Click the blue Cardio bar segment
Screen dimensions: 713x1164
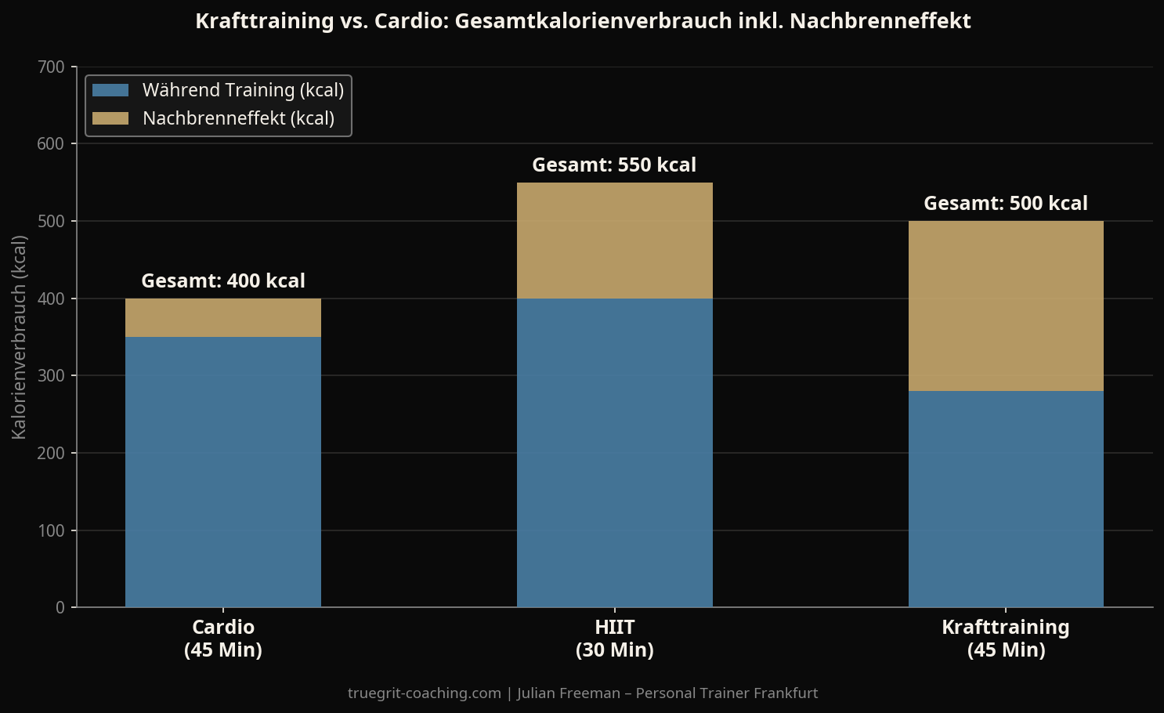223,472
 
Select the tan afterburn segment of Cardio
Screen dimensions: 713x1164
223,317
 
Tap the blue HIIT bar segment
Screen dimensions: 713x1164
614,453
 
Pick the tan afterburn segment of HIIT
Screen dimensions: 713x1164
614,241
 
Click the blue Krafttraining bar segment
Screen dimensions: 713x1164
1006,499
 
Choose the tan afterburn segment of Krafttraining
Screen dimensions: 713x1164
1006,306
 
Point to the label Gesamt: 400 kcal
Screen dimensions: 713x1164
223,280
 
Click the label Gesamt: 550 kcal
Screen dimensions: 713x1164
614,165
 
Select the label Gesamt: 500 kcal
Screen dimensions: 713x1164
1006,203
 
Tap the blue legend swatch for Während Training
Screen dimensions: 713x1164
110,90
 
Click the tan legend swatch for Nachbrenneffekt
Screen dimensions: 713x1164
110,118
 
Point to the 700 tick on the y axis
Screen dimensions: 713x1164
52,67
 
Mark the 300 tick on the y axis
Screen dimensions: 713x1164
52,376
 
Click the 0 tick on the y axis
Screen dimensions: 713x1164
60,607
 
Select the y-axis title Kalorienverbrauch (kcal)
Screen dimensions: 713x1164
19,337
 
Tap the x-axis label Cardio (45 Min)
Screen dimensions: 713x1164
223,638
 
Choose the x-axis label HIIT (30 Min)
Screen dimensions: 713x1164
614,638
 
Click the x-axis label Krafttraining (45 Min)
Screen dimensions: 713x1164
1006,638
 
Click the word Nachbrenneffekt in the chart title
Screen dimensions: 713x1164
880,21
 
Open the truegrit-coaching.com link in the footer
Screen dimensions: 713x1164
425,693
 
